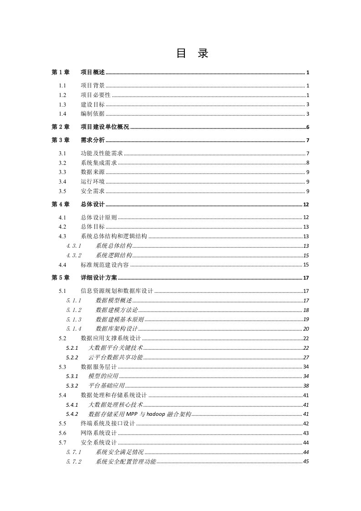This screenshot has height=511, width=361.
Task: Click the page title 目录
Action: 192,54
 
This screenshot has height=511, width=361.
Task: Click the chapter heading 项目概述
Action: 92,72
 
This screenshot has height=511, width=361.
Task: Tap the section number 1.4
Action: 62,114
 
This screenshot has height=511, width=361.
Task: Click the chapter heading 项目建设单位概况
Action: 105,127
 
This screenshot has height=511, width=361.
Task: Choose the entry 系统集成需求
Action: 99,163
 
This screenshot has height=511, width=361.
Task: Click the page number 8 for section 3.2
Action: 308,163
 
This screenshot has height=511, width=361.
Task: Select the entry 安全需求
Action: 92,191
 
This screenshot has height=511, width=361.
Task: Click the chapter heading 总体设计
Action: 92,204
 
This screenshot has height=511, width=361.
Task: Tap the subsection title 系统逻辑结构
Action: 114,255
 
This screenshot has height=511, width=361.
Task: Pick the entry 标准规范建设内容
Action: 105,265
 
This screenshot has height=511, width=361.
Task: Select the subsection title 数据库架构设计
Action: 117,328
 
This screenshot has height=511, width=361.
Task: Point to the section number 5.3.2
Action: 72,385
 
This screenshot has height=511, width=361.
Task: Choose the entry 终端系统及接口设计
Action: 108,424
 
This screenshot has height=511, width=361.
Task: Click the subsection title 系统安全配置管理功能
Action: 126,461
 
